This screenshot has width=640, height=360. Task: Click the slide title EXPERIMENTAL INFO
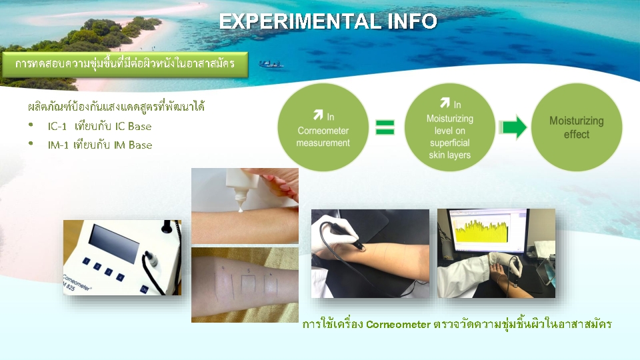click(x=328, y=21)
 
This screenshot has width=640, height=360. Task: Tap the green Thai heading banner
click(x=125, y=64)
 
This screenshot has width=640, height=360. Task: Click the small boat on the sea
click(x=271, y=64)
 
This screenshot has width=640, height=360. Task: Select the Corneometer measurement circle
click(x=323, y=127)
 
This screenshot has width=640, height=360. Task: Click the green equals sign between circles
click(x=385, y=127)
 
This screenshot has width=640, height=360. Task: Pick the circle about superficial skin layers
click(x=449, y=127)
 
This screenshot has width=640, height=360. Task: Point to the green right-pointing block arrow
click(x=513, y=127)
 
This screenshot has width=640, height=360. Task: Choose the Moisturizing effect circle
click(x=576, y=127)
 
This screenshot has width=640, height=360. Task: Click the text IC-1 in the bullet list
click(x=57, y=126)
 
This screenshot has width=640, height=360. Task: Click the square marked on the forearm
click(x=248, y=285)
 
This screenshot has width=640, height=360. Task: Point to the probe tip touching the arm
click(x=361, y=247)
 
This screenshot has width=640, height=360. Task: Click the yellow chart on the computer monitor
click(x=481, y=231)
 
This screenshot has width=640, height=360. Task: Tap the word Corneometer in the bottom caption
click(x=398, y=325)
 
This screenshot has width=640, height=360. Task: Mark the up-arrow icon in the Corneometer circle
click(x=318, y=115)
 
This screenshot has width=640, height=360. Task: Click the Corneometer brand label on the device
click(x=77, y=281)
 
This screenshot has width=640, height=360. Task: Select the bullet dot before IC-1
click(x=31, y=125)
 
